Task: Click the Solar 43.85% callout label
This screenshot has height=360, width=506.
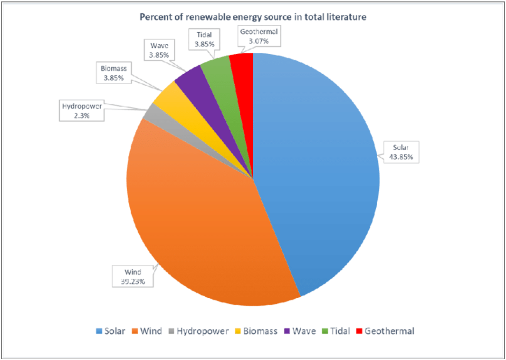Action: tap(399, 151)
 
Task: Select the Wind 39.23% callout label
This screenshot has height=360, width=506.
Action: tap(133, 277)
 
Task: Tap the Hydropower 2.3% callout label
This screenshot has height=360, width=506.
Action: tap(82, 110)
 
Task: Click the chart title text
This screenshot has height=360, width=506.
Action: tap(252, 18)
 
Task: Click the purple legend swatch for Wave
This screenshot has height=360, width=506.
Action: tap(287, 331)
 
